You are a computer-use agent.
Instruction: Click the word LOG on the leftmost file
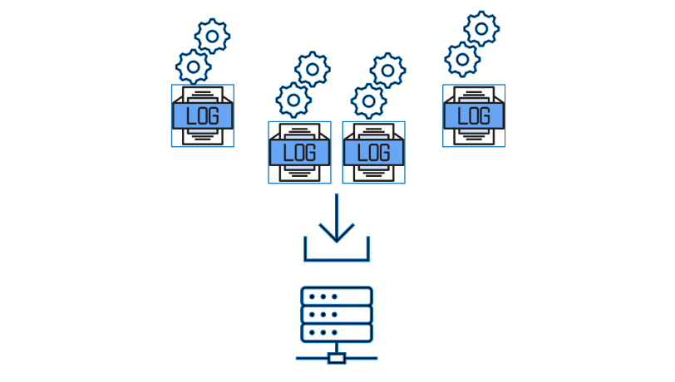coord(203,116)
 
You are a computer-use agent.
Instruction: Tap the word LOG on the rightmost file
coord(474,116)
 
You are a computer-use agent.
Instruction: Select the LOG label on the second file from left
coord(299,153)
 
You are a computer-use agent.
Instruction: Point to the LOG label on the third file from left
coord(374,153)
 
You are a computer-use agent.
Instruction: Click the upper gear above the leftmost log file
coord(212,36)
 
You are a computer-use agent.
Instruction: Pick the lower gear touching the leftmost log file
coord(193,66)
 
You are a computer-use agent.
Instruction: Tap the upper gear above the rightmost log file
coord(481,28)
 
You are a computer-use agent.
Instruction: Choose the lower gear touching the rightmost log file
coord(462,59)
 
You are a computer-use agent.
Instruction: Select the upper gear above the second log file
coord(312,69)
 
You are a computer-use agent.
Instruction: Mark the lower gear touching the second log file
coord(293,100)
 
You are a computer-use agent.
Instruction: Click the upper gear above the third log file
coord(387,70)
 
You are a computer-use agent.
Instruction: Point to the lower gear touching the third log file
coord(368,100)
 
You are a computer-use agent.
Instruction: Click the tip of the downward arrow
coord(337,242)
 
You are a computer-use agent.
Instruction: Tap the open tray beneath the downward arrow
coord(337,258)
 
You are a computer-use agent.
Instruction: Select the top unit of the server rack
coord(337,296)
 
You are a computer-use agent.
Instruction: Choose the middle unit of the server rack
coord(337,315)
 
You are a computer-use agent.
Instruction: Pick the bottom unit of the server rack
coord(337,332)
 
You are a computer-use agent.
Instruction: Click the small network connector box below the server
coord(337,359)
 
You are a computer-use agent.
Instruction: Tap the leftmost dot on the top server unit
coord(313,296)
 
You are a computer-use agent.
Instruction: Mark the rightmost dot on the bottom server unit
coord(334,332)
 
